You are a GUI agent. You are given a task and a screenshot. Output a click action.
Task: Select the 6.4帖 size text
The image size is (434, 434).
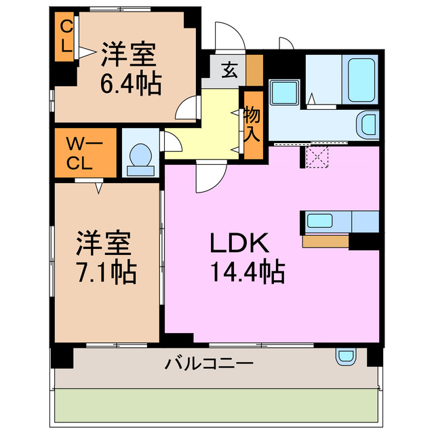click(x=132, y=84)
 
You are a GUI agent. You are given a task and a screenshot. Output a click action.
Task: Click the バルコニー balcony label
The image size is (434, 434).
click(x=210, y=364)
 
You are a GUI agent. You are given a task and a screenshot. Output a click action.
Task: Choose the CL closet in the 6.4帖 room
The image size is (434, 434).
click(x=66, y=38)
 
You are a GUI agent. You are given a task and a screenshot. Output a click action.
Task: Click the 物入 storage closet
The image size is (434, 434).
click(x=252, y=124)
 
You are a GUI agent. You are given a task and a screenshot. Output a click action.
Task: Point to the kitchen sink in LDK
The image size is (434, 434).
click(x=319, y=221)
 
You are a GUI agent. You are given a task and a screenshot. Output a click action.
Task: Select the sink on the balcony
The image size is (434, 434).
click(x=345, y=355)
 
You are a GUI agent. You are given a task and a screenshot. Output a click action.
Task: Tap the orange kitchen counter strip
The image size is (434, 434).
click(x=325, y=241)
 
